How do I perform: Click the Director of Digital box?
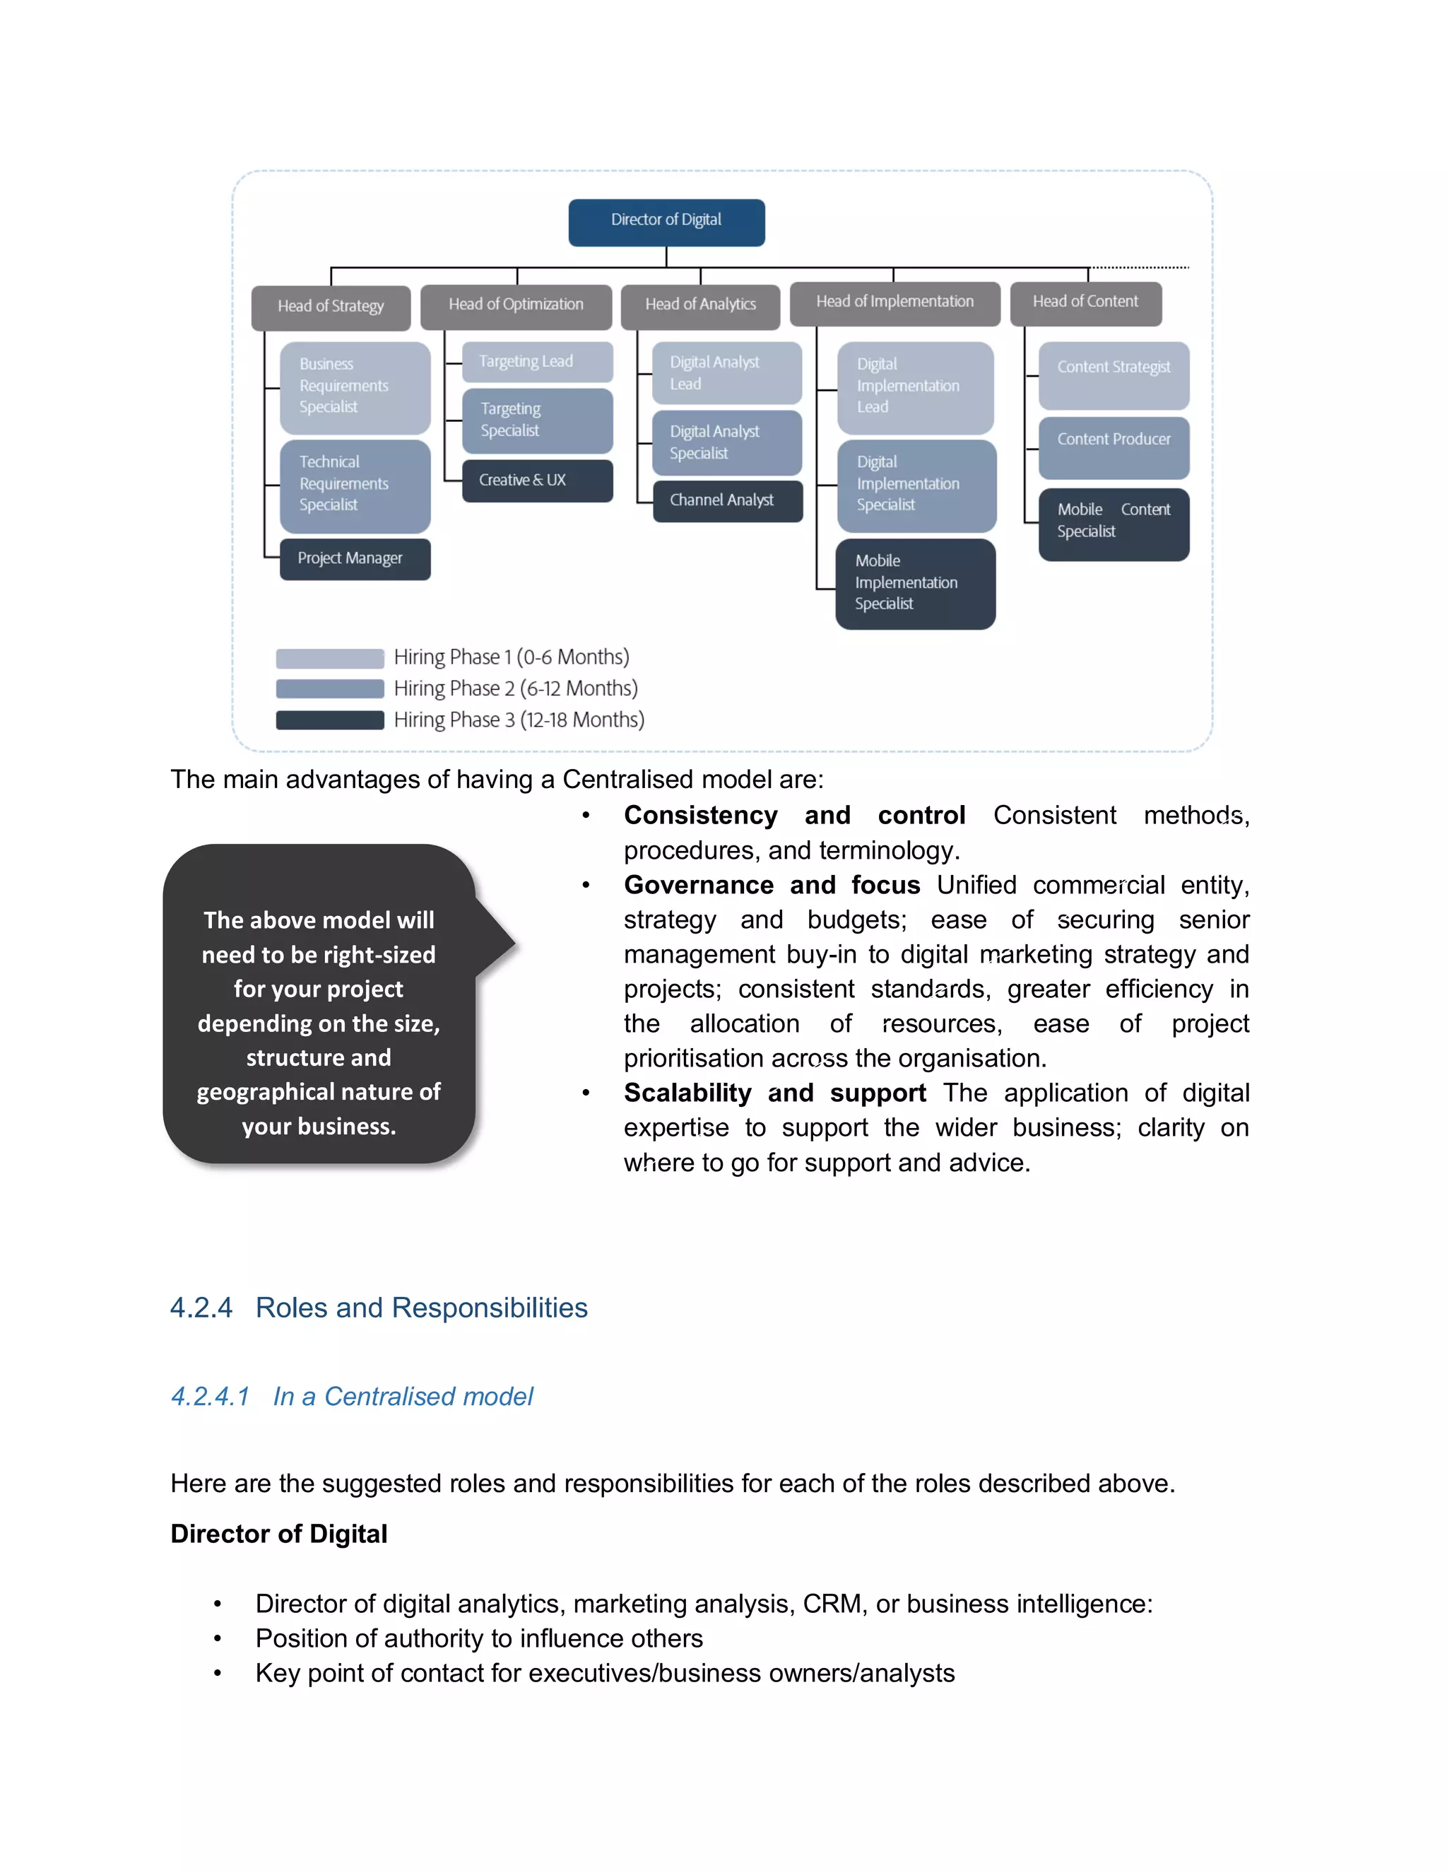666,222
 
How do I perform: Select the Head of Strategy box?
331,307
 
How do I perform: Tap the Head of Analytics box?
700,305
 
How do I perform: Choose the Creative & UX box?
537,480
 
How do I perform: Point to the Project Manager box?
355,558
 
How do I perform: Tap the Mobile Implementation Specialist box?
915,583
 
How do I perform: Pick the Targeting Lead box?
537,362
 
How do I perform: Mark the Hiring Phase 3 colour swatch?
329,720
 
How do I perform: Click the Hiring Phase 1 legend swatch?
329,658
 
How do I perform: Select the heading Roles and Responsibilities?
421,1307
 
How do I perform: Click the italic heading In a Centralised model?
402,1396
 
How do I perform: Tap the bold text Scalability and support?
774,1093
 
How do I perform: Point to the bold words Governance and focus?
772,884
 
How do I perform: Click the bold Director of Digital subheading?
278,1534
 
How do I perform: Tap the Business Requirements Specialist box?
355,386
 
